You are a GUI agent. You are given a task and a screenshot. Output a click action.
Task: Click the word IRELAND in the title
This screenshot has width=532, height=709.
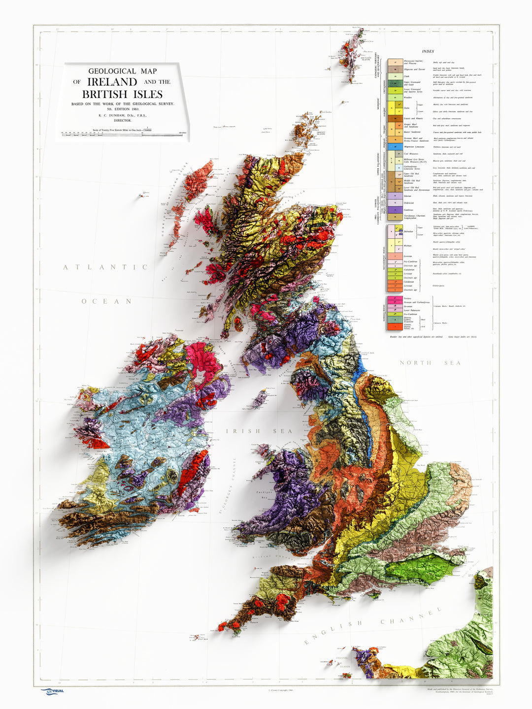click(x=112, y=82)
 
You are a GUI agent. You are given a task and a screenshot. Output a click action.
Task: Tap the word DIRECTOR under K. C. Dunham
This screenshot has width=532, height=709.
click(x=122, y=120)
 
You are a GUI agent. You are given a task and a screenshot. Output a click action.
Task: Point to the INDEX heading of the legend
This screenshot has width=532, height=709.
click(x=428, y=51)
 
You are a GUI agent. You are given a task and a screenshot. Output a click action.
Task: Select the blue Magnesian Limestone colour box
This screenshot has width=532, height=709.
click(x=393, y=147)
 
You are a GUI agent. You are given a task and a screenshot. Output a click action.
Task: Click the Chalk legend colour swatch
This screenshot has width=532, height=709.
click(x=393, y=76)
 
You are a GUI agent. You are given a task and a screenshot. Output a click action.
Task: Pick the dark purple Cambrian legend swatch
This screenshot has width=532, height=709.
click(x=393, y=210)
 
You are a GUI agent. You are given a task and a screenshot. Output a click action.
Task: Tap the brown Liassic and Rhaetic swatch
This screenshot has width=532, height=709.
click(x=393, y=118)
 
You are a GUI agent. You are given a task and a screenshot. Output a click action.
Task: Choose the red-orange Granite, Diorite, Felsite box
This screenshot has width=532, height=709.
click(x=393, y=326)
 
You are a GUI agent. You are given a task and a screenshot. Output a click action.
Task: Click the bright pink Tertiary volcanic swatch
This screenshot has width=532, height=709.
click(x=393, y=298)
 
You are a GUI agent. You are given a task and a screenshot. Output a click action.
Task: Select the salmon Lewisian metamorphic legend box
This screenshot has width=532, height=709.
click(x=393, y=256)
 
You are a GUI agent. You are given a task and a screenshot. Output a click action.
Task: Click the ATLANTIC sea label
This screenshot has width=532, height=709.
click(x=105, y=267)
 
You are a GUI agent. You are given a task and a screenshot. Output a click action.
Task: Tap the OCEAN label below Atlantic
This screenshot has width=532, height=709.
click(x=107, y=301)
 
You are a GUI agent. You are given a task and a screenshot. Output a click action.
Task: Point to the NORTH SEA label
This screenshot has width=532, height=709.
click(x=430, y=363)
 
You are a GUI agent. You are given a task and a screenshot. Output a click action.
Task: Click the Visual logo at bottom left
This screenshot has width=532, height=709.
click(x=52, y=691)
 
